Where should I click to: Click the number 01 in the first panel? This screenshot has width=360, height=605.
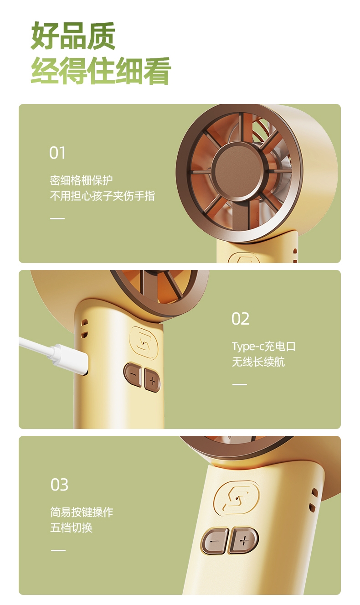pyautogui.click(x=57, y=153)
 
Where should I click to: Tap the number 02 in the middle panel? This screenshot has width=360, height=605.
pyautogui.click(x=240, y=319)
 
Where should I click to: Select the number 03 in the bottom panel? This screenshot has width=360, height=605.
pyautogui.click(x=59, y=485)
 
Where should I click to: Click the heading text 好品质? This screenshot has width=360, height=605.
pyautogui.click(x=73, y=36)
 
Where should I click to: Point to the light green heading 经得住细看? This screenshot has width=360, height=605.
pyautogui.click(x=101, y=71)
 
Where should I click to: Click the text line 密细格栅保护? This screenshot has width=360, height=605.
pyautogui.click(x=81, y=181)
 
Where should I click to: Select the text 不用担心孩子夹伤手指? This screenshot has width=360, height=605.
pyautogui.click(x=102, y=196)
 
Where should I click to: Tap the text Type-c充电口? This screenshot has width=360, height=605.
pyautogui.click(x=264, y=346)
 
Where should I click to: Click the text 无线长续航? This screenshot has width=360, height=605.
pyautogui.click(x=258, y=362)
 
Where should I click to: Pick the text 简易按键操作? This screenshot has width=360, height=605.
pyautogui.click(x=82, y=512)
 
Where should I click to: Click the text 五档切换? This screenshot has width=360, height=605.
pyautogui.click(x=71, y=528)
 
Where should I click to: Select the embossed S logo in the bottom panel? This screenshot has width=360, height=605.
pyautogui.click(x=237, y=498)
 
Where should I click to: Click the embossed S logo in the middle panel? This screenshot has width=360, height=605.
pyautogui.click(x=143, y=343)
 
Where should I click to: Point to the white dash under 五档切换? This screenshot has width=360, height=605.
pyautogui.click(x=58, y=550)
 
